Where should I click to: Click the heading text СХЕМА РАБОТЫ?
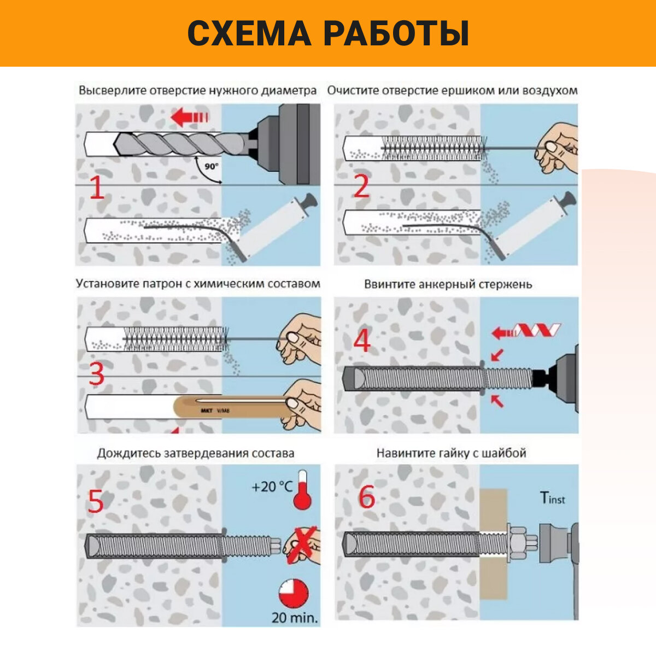click(328, 33)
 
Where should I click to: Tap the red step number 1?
click(97, 188)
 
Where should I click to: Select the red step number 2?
click(361, 188)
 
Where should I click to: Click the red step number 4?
click(362, 341)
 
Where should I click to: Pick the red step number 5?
click(96, 501)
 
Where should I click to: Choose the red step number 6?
click(366, 496)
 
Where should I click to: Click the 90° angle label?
click(211, 167)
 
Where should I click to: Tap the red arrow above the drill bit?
click(189, 117)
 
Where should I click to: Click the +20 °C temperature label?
click(272, 487)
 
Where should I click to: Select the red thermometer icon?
click(302, 490)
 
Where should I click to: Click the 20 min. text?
click(295, 618)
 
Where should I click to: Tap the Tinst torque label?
click(552, 498)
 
